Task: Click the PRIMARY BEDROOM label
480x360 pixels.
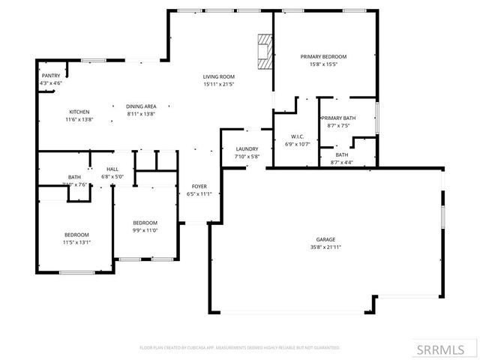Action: pyautogui.click(x=324, y=57)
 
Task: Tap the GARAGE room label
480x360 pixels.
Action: pyautogui.click(x=325, y=240)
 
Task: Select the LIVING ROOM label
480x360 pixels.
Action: pyautogui.click(x=219, y=76)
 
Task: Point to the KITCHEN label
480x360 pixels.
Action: pyautogui.click(x=79, y=112)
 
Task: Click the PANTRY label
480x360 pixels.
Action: pyautogui.click(x=51, y=76)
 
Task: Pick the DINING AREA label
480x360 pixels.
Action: pyautogui.click(x=141, y=106)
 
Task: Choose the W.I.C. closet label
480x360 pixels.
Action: pyautogui.click(x=296, y=137)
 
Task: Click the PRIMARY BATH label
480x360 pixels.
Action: pyautogui.click(x=338, y=118)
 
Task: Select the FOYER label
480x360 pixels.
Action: pyautogui.click(x=199, y=187)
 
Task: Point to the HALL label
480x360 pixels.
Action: pyautogui.click(x=112, y=170)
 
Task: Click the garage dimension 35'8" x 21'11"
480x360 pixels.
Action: pyautogui.click(x=325, y=247)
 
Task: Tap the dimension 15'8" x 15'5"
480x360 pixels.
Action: pyautogui.click(x=324, y=64)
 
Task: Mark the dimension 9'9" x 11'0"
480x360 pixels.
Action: pyautogui.click(x=145, y=230)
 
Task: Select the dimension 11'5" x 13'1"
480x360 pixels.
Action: pyautogui.click(x=76, y=242)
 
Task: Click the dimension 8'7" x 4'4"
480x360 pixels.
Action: pyautogui.click(x=341, y=163)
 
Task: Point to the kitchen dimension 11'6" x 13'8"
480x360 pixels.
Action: pyautogui.click(x=79, y=120)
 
